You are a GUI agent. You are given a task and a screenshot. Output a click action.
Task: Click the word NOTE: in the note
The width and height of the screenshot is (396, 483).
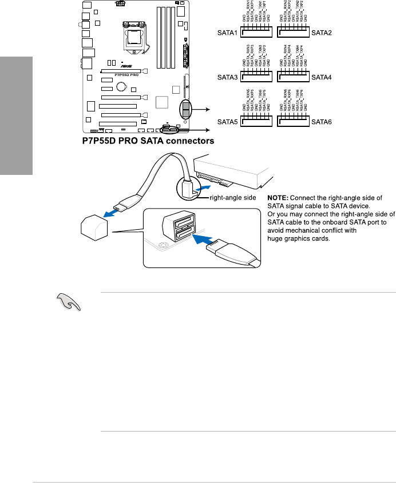(x=280, y=198)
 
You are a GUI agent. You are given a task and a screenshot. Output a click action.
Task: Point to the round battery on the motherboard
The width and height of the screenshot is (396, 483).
(x=121, y=87)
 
